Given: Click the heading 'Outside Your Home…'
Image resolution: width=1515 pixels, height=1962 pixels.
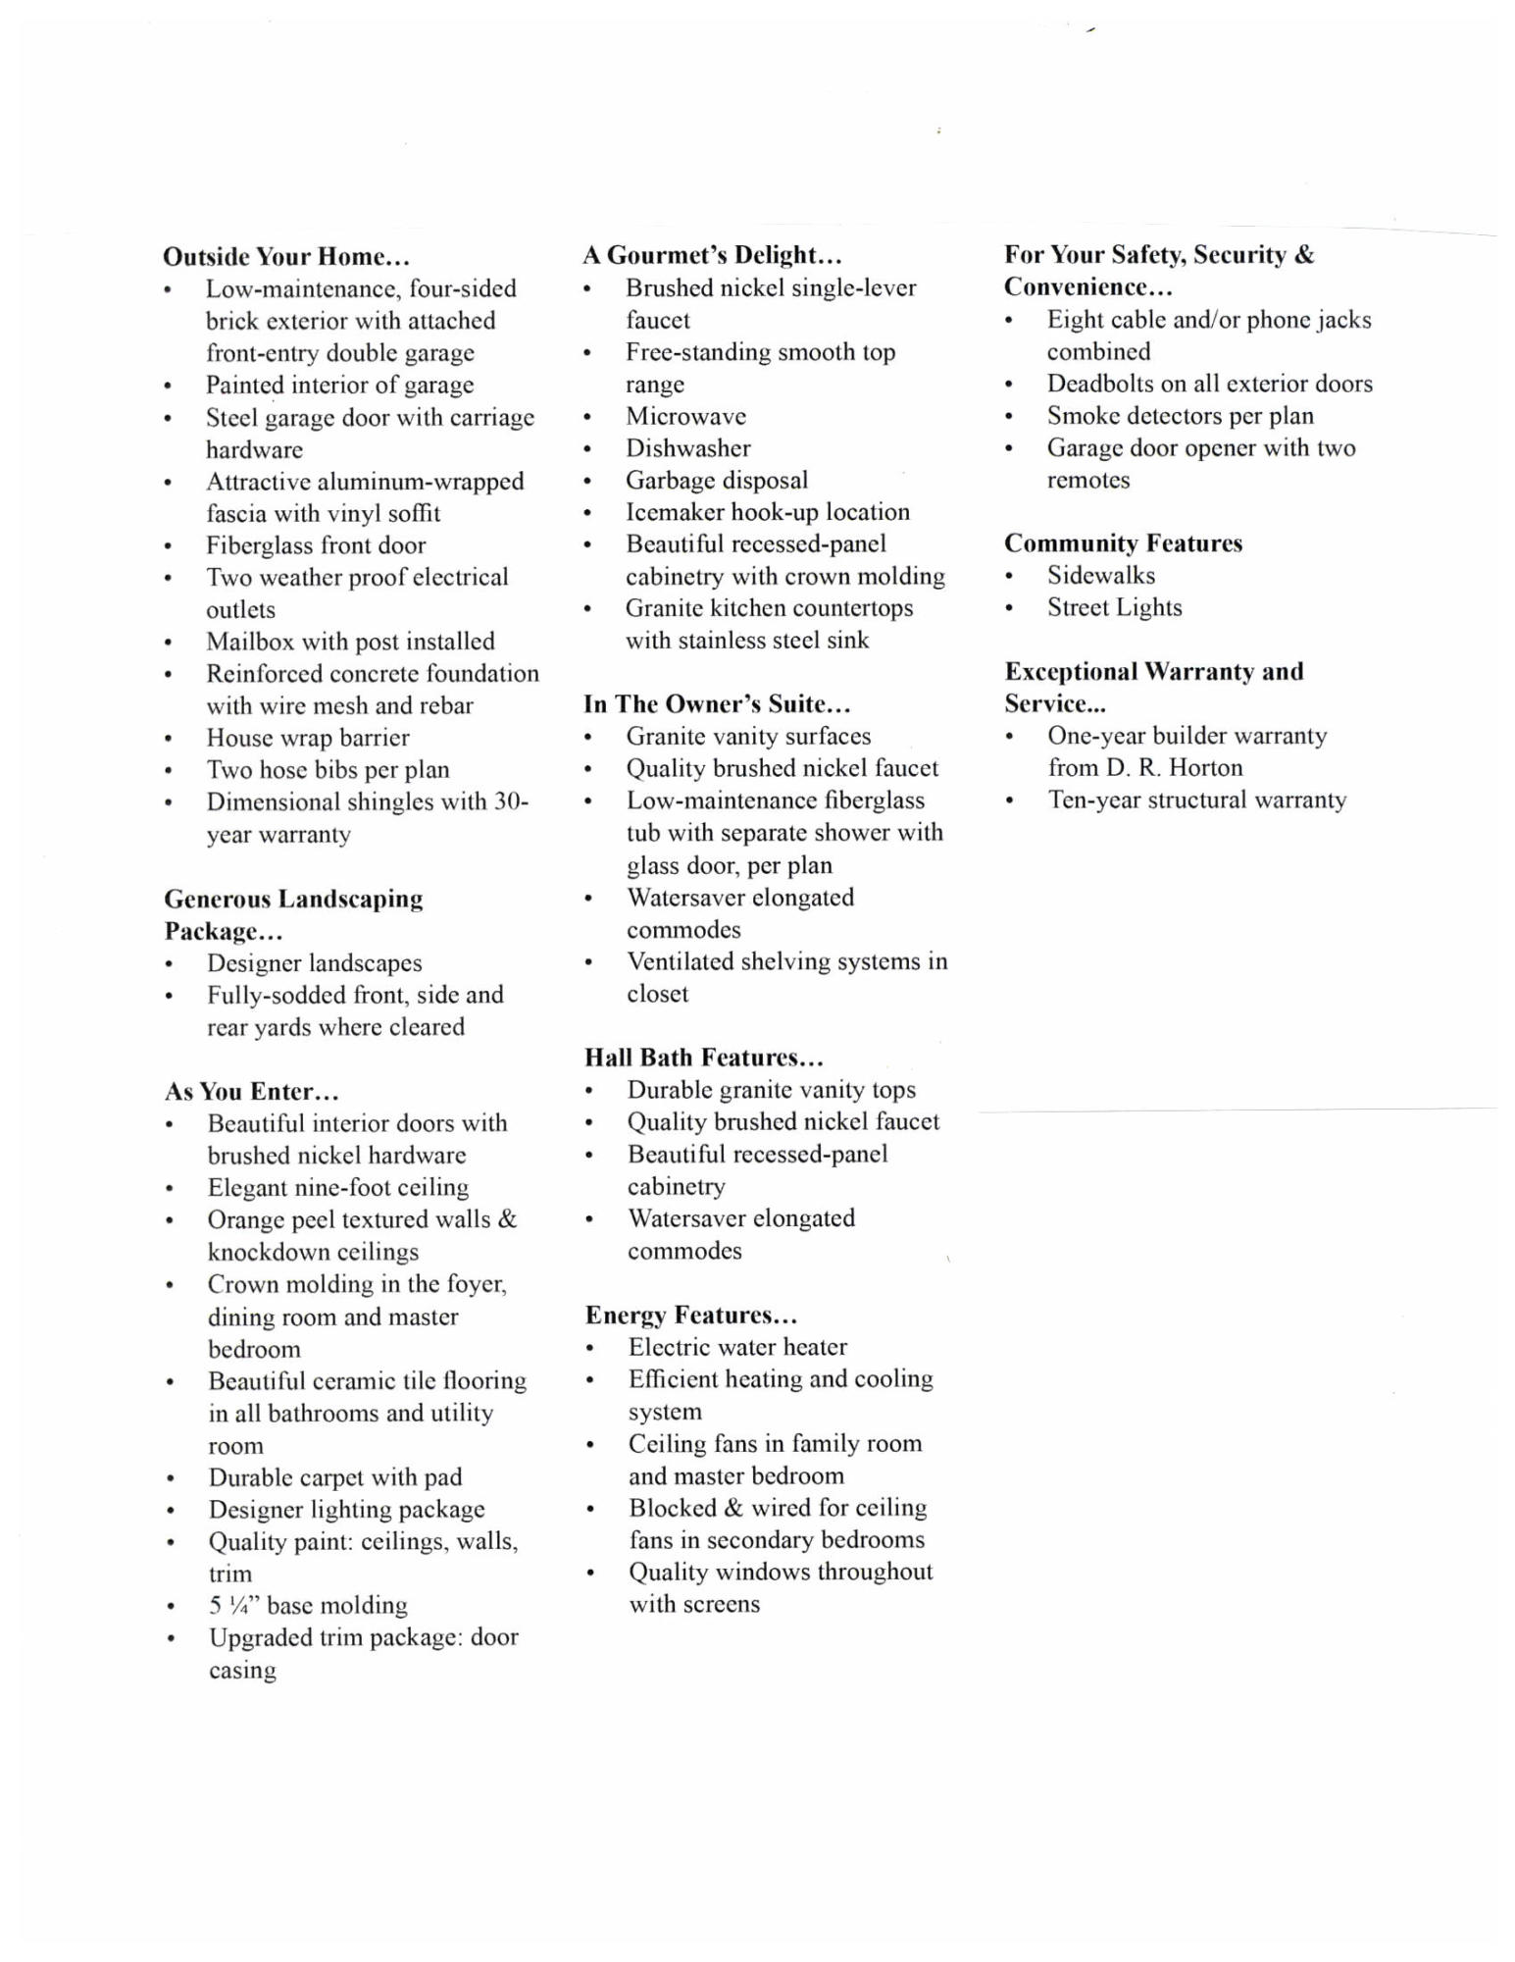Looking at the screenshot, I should coord(285,257).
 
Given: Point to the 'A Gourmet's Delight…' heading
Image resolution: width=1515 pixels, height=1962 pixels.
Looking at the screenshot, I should coord(712,255).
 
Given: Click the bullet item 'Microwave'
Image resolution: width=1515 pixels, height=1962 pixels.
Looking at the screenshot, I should coord(685,416).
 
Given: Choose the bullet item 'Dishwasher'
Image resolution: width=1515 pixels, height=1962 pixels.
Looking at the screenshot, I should coord(687,448).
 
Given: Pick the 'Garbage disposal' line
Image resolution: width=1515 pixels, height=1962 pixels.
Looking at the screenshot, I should coord(717,481).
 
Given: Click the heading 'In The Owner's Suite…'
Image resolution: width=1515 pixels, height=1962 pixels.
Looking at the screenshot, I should coord(717,704).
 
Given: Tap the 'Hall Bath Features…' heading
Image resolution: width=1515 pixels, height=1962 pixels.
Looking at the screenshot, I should coord(704,1058).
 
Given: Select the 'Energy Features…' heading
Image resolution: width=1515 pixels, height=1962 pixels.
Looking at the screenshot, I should coord(691,1315).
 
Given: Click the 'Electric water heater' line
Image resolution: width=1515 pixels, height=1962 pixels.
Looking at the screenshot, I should coord(737,1347).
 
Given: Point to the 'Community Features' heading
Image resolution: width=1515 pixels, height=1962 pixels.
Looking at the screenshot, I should coord(1123,543).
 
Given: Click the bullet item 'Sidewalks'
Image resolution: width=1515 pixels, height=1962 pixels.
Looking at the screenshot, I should coord(1100,576).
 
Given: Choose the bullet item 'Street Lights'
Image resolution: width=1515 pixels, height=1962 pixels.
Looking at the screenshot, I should coord(1114,608).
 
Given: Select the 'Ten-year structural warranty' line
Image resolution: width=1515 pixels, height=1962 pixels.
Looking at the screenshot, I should coord(1196,800).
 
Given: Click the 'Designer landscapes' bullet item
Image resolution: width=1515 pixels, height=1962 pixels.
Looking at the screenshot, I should coord(314,963).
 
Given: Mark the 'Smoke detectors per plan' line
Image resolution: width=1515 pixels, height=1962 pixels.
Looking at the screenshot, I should coord(1180,416).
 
